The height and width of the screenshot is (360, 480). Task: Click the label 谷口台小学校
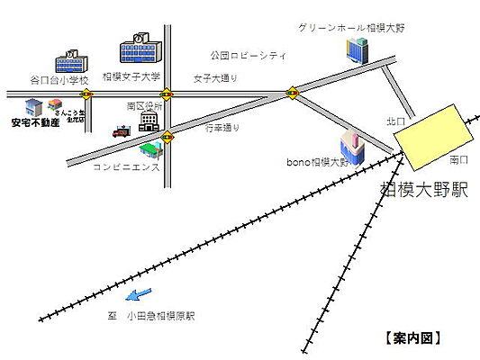point(59,80)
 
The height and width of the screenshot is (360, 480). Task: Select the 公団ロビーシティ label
point(248,56)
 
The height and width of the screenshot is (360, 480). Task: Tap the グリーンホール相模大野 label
point(351,28)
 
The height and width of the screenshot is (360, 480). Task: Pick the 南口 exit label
point(459,159)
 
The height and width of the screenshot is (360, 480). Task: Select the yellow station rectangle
point(435,136)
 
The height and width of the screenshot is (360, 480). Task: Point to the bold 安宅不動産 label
point(35,122)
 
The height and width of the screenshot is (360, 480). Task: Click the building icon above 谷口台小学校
point(72,61)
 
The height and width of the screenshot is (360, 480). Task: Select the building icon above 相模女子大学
point(140,50)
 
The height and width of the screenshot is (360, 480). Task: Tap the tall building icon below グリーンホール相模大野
point(358,50)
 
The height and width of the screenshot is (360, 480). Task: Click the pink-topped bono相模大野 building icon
point(351,146)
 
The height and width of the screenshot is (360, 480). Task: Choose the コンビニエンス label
point(126,167)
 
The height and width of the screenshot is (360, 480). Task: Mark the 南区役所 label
point(144,105)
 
